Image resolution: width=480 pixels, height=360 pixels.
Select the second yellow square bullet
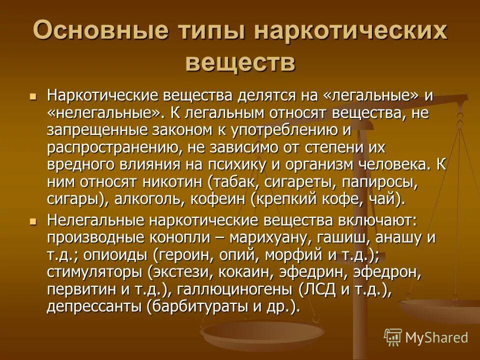34,220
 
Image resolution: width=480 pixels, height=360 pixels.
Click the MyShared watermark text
436,337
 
